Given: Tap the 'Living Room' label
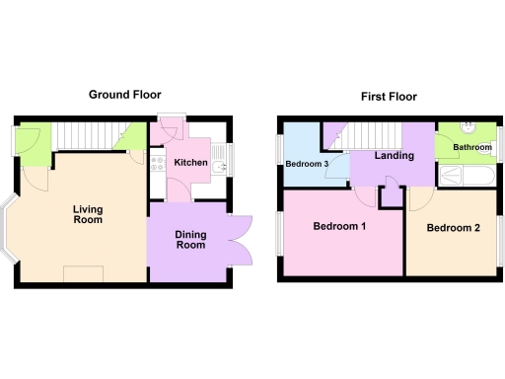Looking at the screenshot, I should pyautogui.click(x=88, y=214).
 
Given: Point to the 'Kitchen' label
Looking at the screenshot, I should pyautogui.click(x=190, y=162).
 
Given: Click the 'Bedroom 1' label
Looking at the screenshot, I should pyautogui.click(x=339, y=227).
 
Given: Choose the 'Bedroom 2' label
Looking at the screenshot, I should pyautogui.click(x=453, y=229).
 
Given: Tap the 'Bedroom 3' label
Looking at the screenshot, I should pyautogui.click(x=307, y=164).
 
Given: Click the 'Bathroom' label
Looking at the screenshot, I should pyautogui.click(x=470, y=148).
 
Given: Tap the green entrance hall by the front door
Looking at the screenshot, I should pyautogui.click(x=33, y=143).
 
